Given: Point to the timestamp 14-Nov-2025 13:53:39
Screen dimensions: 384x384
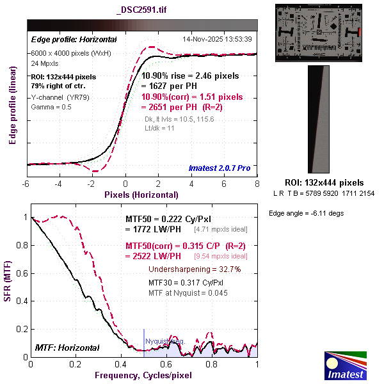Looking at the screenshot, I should [x=217, y=39].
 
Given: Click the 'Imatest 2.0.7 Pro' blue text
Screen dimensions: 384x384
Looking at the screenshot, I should [x=220, y=168].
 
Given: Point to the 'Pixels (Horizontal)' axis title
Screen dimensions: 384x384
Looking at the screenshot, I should [x=142, y=194].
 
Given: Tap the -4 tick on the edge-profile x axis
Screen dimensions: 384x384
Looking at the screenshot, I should [x=59, y=184].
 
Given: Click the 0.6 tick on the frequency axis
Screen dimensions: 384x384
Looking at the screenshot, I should [x=166, y=364].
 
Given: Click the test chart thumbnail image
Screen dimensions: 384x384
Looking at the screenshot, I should [x=319, y=33].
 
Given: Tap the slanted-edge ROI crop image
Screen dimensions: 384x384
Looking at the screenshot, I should [x=319, y=119].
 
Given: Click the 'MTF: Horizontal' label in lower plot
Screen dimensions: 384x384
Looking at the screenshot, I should [x=67, y=348].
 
